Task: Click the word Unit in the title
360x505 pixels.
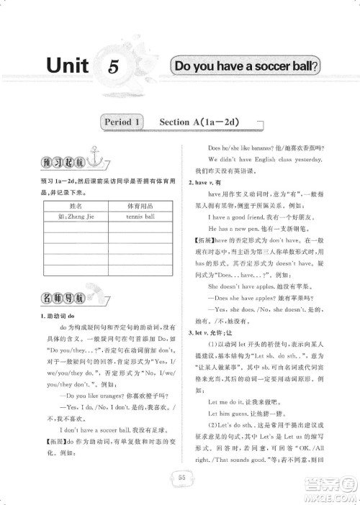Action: (67, 66)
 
